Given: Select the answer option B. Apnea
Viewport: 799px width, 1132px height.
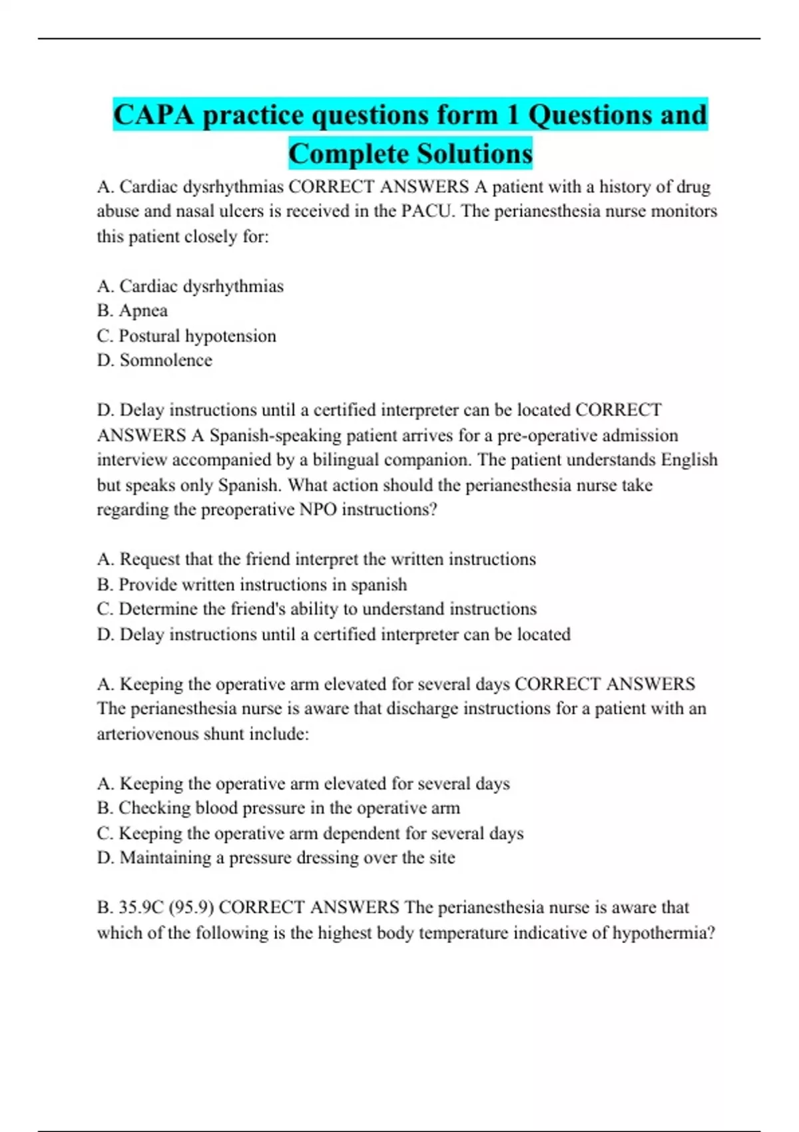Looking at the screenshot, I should pos(132,311).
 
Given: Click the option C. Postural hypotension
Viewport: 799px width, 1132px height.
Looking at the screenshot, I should pos(186,336).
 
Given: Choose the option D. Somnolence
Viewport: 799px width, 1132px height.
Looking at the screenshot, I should pos(154,360).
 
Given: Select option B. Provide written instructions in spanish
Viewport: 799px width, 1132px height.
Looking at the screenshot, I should pos(252,585).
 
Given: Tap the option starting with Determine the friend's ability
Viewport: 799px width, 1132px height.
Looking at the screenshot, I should pos(316,609).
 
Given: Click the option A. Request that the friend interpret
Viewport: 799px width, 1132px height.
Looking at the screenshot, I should pos(316,559).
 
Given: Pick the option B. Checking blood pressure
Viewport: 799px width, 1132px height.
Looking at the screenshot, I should pos(278,808).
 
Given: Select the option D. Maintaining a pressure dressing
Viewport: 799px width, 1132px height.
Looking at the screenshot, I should pos(276,858).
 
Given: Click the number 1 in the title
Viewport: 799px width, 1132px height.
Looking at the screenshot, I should pos(513,115).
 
